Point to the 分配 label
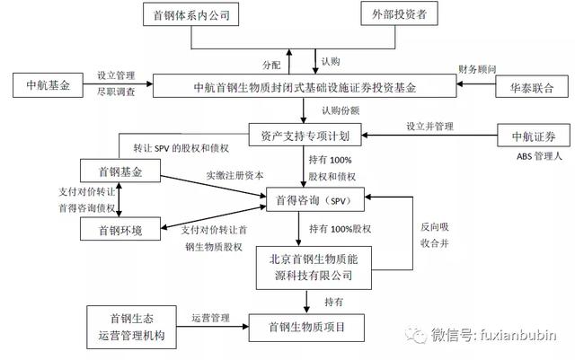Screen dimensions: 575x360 pyautogui.click(x=271, y=65)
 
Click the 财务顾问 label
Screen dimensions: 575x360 pyautogui.click(x=477, y=69)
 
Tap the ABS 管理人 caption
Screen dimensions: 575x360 pyautogui.click(x=539, y=156)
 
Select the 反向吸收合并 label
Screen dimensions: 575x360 pyautogui.click(x=435, y=234)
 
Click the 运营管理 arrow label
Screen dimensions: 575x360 pyautogui.click(x=211, y=318)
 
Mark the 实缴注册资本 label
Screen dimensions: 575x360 pyautogui.click(x=234, y=175)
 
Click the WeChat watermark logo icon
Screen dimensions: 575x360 pyautogui.click(x=416, y=334)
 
